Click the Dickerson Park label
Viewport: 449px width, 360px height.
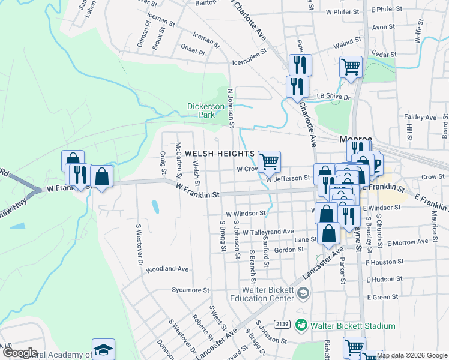(x=201, y=110)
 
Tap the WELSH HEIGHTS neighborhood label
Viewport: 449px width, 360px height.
(x=220, y=154)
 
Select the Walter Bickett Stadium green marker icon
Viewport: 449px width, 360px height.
(x=301, y=326)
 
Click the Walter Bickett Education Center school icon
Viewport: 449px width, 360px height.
(x=303, y=293)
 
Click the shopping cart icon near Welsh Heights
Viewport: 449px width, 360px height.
(x=270, y=160)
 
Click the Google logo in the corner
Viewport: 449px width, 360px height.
(x=20, y=352)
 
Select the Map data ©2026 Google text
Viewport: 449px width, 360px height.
(x=412, y=355)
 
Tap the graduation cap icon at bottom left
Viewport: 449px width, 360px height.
(x=103, y=349)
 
